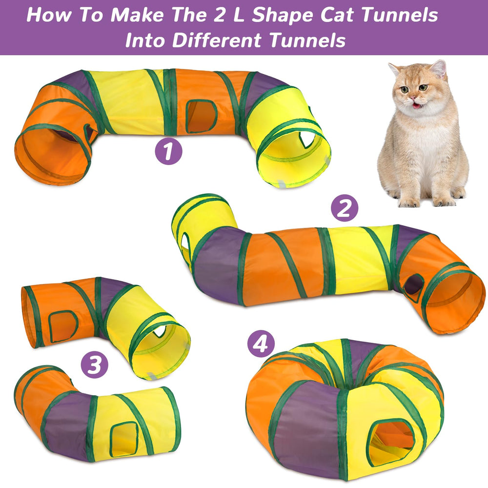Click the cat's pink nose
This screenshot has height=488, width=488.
(414, 98)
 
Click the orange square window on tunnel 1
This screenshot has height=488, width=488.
(201, 117)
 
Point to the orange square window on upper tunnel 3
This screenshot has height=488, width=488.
(61, 325)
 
